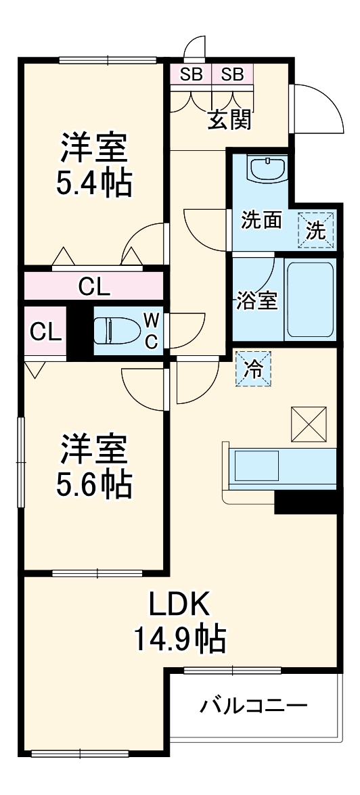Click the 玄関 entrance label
pyautogui.click(x=230, y=119)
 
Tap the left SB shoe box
pyautogui.click(x=191, y=74)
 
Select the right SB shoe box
pyautogui.click(x=232, y=74)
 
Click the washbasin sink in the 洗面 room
pyautogui.click(x=268, y=168)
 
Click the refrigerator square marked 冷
pyautogui.click(x=252, y=369)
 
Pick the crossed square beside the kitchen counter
pyautogui.click(x=309, y=424)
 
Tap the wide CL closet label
pyautogui.click(x=94, y=287)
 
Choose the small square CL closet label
pyautogui.click(x=46, y=331)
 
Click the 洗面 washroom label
pyautogui.click(x=262, y=221)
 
